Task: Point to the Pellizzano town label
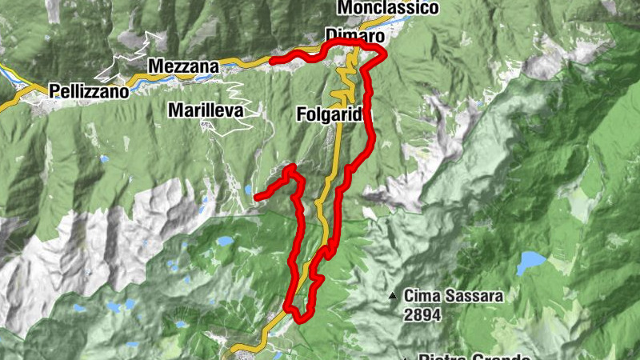pyautogui.click(x=88, y=91)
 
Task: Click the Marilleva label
pyautogui.click(x=206, y=111)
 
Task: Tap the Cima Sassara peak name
pyautogui.click(x=454, y=296)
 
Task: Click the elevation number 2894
pyautogui.click(x=422, y=315)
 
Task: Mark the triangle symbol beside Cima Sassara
pyautogui.click(x=392, y=296)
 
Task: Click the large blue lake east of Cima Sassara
pyautogui.click(x=530, y=261)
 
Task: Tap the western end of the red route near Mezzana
pyautogui.click(x=273, y=60)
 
